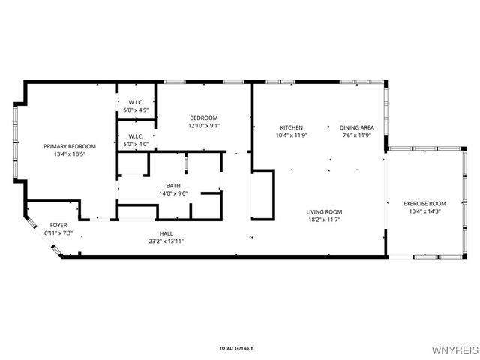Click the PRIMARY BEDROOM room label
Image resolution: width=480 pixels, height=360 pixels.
70,146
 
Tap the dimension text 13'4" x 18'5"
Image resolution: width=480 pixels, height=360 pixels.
70,154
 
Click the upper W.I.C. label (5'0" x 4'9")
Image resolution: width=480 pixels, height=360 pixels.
136,102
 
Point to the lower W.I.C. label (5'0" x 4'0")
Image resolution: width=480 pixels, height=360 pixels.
136,136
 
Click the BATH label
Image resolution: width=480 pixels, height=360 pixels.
173,186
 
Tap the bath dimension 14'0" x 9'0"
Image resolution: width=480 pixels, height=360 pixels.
173,193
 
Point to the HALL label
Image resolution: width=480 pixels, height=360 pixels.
166,233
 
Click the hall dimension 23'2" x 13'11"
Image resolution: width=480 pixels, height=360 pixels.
166,241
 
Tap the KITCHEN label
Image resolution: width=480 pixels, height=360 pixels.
292,127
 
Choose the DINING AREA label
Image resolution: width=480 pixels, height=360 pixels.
357,127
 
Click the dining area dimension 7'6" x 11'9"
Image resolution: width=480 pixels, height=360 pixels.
357,136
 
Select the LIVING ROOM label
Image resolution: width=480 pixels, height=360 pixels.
324,212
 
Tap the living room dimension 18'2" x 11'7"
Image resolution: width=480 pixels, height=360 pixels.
324,220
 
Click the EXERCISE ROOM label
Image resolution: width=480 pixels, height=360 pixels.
424,203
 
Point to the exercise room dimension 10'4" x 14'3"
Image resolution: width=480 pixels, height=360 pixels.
424,211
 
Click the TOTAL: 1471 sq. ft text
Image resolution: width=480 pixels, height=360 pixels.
241,348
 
